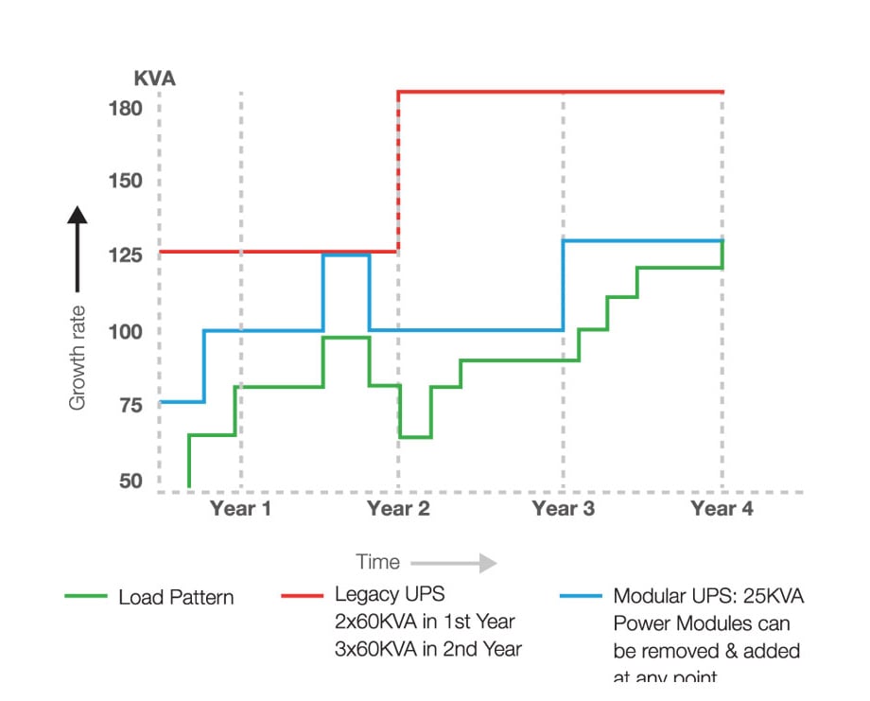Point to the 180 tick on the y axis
click(x=125, y=108)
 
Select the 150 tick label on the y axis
click(x=125, y=182)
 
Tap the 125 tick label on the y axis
click(x=125, y=256)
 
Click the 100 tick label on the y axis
click(x=125, y=332)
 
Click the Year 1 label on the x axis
click(x=240, y=510)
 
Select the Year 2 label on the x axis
click(x=398, y=510)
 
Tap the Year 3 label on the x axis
click(x=564, y=510)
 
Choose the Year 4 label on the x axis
click(x=722, y=510)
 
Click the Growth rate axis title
click(x=78, y=358)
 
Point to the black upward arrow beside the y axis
click(x=78, y=248)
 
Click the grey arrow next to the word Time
click(x=454, y=563)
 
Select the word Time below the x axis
click(x=377, y=562)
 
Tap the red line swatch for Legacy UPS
click(x=302, y=596)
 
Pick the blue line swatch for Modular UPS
click(x=580, y=596)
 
